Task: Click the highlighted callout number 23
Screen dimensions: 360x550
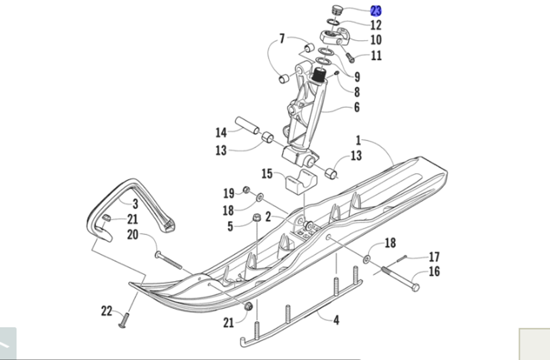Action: point(376,10)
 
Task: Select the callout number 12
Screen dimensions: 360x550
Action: point(376,25)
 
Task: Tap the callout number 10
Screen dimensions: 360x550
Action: point(376,40)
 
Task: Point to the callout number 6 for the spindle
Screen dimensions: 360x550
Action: point(356,107)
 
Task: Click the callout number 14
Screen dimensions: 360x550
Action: point(221,132)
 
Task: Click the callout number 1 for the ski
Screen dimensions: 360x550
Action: point(358,140)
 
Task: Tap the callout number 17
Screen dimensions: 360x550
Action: point(434,256)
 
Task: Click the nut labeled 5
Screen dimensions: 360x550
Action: point(256,219)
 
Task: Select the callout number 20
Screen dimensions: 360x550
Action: point(133,235)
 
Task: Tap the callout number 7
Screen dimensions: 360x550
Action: point(282,39)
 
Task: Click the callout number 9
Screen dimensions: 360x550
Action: point(357,76)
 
